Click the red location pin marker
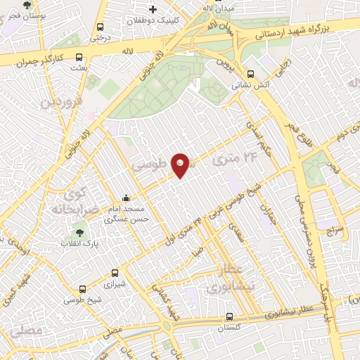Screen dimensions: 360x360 coord(181,165)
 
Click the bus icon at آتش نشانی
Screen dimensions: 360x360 coord(250,73)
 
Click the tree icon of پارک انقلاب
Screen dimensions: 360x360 coord(78,233)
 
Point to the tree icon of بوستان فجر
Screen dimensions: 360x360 coord(27,4)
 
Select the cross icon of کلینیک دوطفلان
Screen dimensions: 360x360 coord(153,8)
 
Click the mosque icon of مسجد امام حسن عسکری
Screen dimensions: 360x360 coord(126,198)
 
